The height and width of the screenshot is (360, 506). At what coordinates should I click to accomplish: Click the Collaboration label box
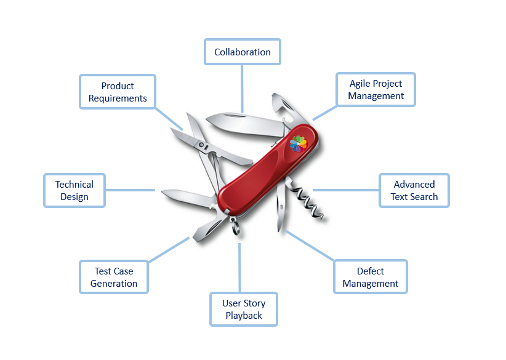[x=243, y=52]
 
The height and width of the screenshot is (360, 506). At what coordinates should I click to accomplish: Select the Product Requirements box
[x=118, y=92]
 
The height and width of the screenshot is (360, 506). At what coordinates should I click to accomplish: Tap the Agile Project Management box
[x=375, y=89]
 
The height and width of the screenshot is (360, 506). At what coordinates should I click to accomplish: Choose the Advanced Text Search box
[x=414, y=190]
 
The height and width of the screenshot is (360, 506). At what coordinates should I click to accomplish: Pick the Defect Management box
[x=371, y=277]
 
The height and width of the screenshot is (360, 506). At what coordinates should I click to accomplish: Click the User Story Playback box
[x=244, y=309]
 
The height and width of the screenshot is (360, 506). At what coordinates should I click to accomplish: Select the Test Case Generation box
[x=114, y=277]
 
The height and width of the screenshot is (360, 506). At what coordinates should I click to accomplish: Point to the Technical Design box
[x=74, y=190]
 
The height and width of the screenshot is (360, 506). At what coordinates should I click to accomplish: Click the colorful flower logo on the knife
[x=298, y=143]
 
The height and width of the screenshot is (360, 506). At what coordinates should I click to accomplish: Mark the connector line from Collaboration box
[x=243, y=86]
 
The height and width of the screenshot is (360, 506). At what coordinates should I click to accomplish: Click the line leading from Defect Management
[x=311, y=246]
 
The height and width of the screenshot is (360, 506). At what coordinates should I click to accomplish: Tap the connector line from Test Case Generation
[x=169, y=249]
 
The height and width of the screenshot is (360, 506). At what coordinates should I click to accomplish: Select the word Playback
[x=244, y=316]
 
